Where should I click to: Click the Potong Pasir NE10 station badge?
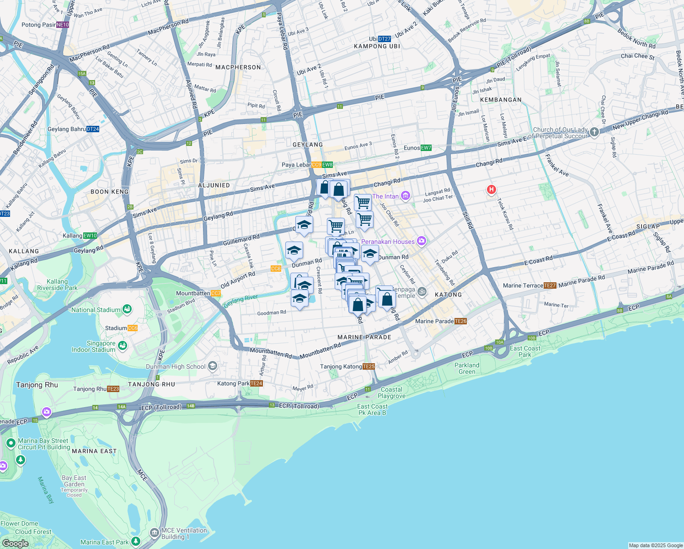[x=63, y=25]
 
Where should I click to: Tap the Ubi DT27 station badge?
[x=385, y=39]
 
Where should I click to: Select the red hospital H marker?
[x=492, y=189]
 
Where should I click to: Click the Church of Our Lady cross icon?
[x=594, y=132]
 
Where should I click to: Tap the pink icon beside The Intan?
[x=405, y=196]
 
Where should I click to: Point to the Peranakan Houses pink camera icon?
[x=421, y=241]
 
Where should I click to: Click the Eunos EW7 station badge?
[x=426, y=148]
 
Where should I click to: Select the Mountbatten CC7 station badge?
[x=216, y=293]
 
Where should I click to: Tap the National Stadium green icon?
[x=127, y=310]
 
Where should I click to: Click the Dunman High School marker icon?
[x=212, y=366]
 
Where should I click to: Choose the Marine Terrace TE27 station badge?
[x=550, y=285]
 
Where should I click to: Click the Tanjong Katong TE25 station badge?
[x=369, y=366]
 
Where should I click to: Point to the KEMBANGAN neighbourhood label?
[x=501, y=100]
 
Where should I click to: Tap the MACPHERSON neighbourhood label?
[x=238, y=67]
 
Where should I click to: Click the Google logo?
[x=15, y=544]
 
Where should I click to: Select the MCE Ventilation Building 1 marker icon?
[x=155, y=533]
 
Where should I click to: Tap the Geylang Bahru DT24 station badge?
[x=93, y=129]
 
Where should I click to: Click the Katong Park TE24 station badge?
[x=256, y=383]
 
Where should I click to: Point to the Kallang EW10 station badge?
[x=90, y=236]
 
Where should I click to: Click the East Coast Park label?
[x=525, y=351]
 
